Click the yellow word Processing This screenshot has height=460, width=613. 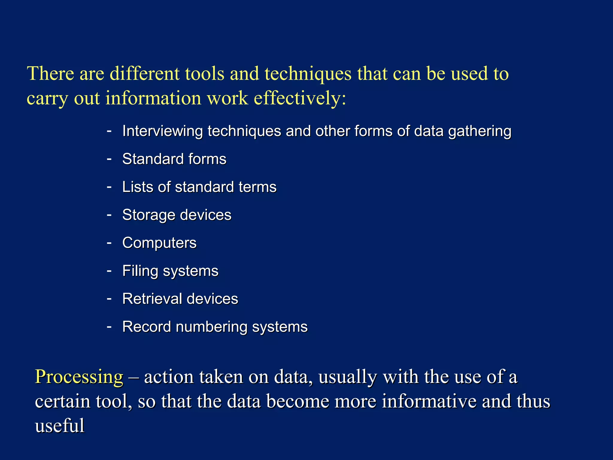79,377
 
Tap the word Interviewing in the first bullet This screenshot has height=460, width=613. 163,131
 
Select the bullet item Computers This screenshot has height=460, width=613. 159,243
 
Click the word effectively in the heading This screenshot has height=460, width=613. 296,98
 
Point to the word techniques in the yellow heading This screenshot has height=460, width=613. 308,74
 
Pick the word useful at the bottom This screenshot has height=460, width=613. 60,426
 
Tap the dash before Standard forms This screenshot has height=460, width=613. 109,159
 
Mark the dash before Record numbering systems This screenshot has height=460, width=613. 109,326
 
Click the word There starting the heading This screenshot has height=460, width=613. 51,74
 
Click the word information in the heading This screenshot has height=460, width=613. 153,98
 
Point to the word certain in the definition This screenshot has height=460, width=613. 63,401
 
